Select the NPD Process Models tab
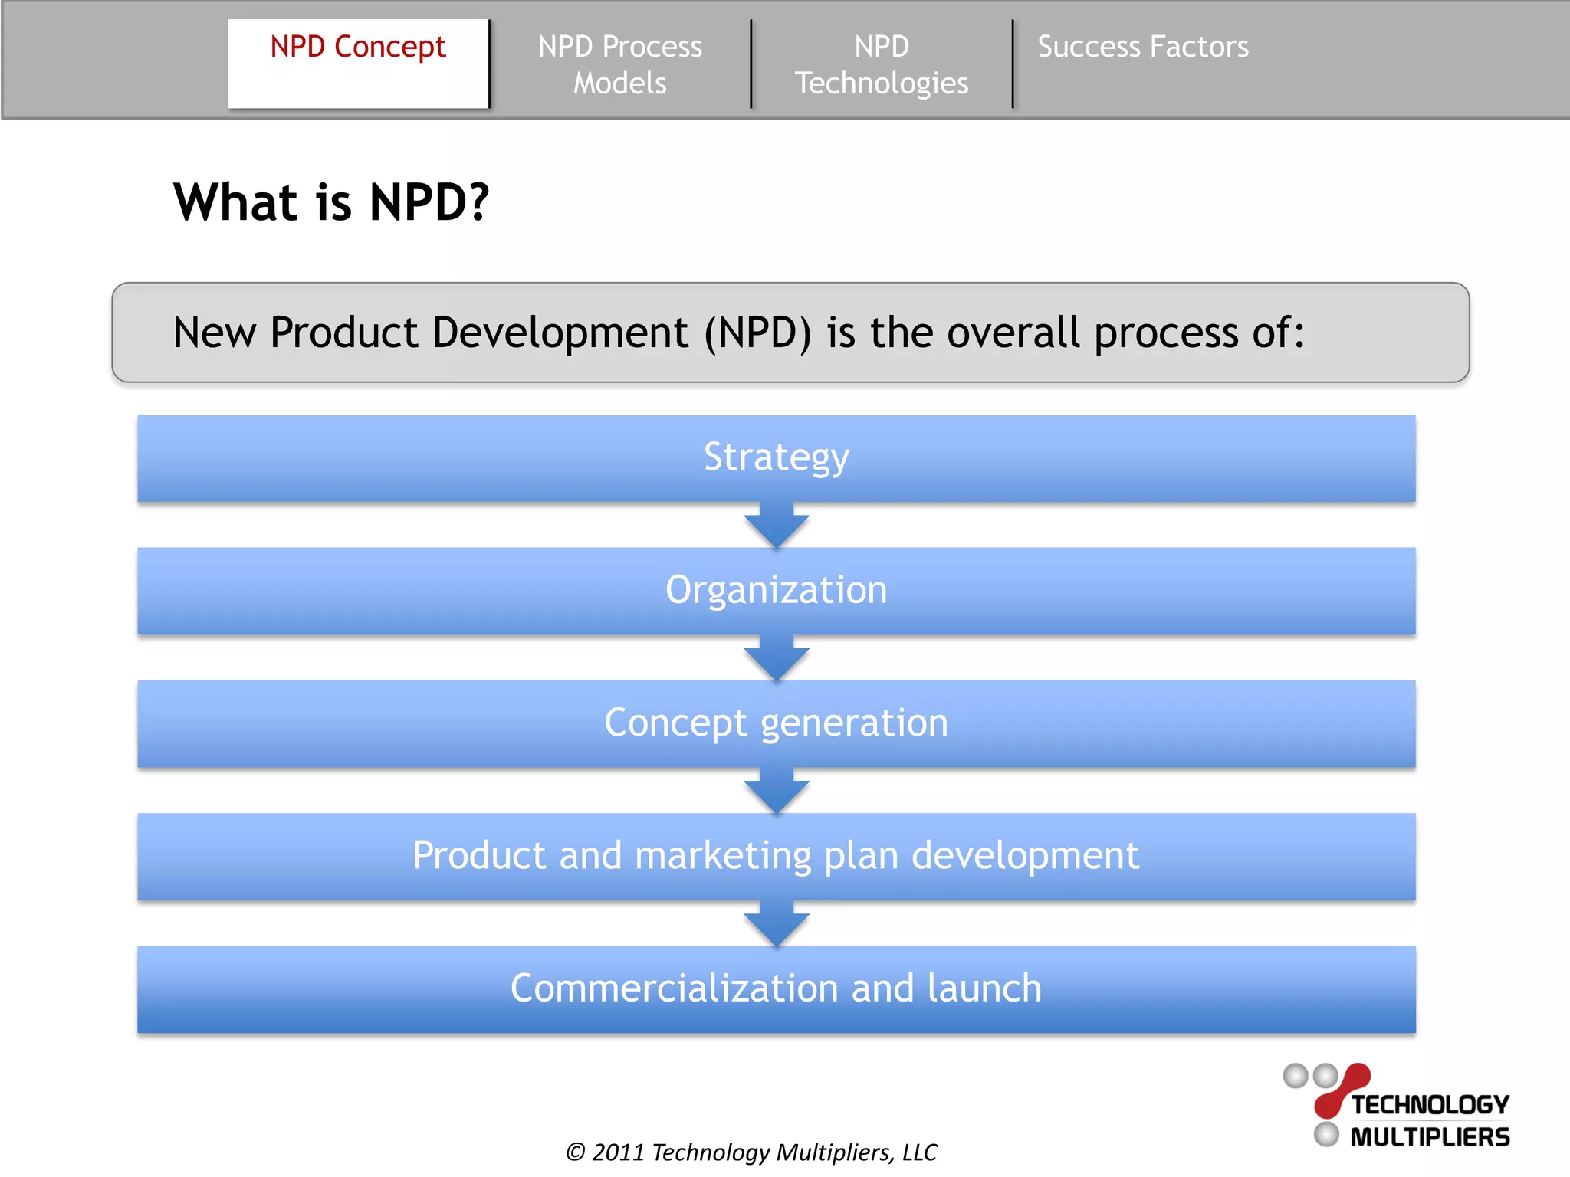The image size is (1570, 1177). pos(619,64)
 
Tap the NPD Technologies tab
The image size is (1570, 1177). pos(882,64)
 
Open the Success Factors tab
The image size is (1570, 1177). pos(1142,48)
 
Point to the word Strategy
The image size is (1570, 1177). pos(776,457)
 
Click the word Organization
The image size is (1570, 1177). pos(776,590)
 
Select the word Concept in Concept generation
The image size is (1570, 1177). pos(675,723)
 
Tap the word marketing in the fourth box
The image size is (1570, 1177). pos(723,855)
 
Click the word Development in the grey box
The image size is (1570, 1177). pos(560,333)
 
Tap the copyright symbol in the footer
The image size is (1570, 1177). pos(576,1152)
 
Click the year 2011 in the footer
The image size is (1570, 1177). pos(618,1152)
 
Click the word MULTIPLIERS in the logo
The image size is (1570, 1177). pos(1430,1137)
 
